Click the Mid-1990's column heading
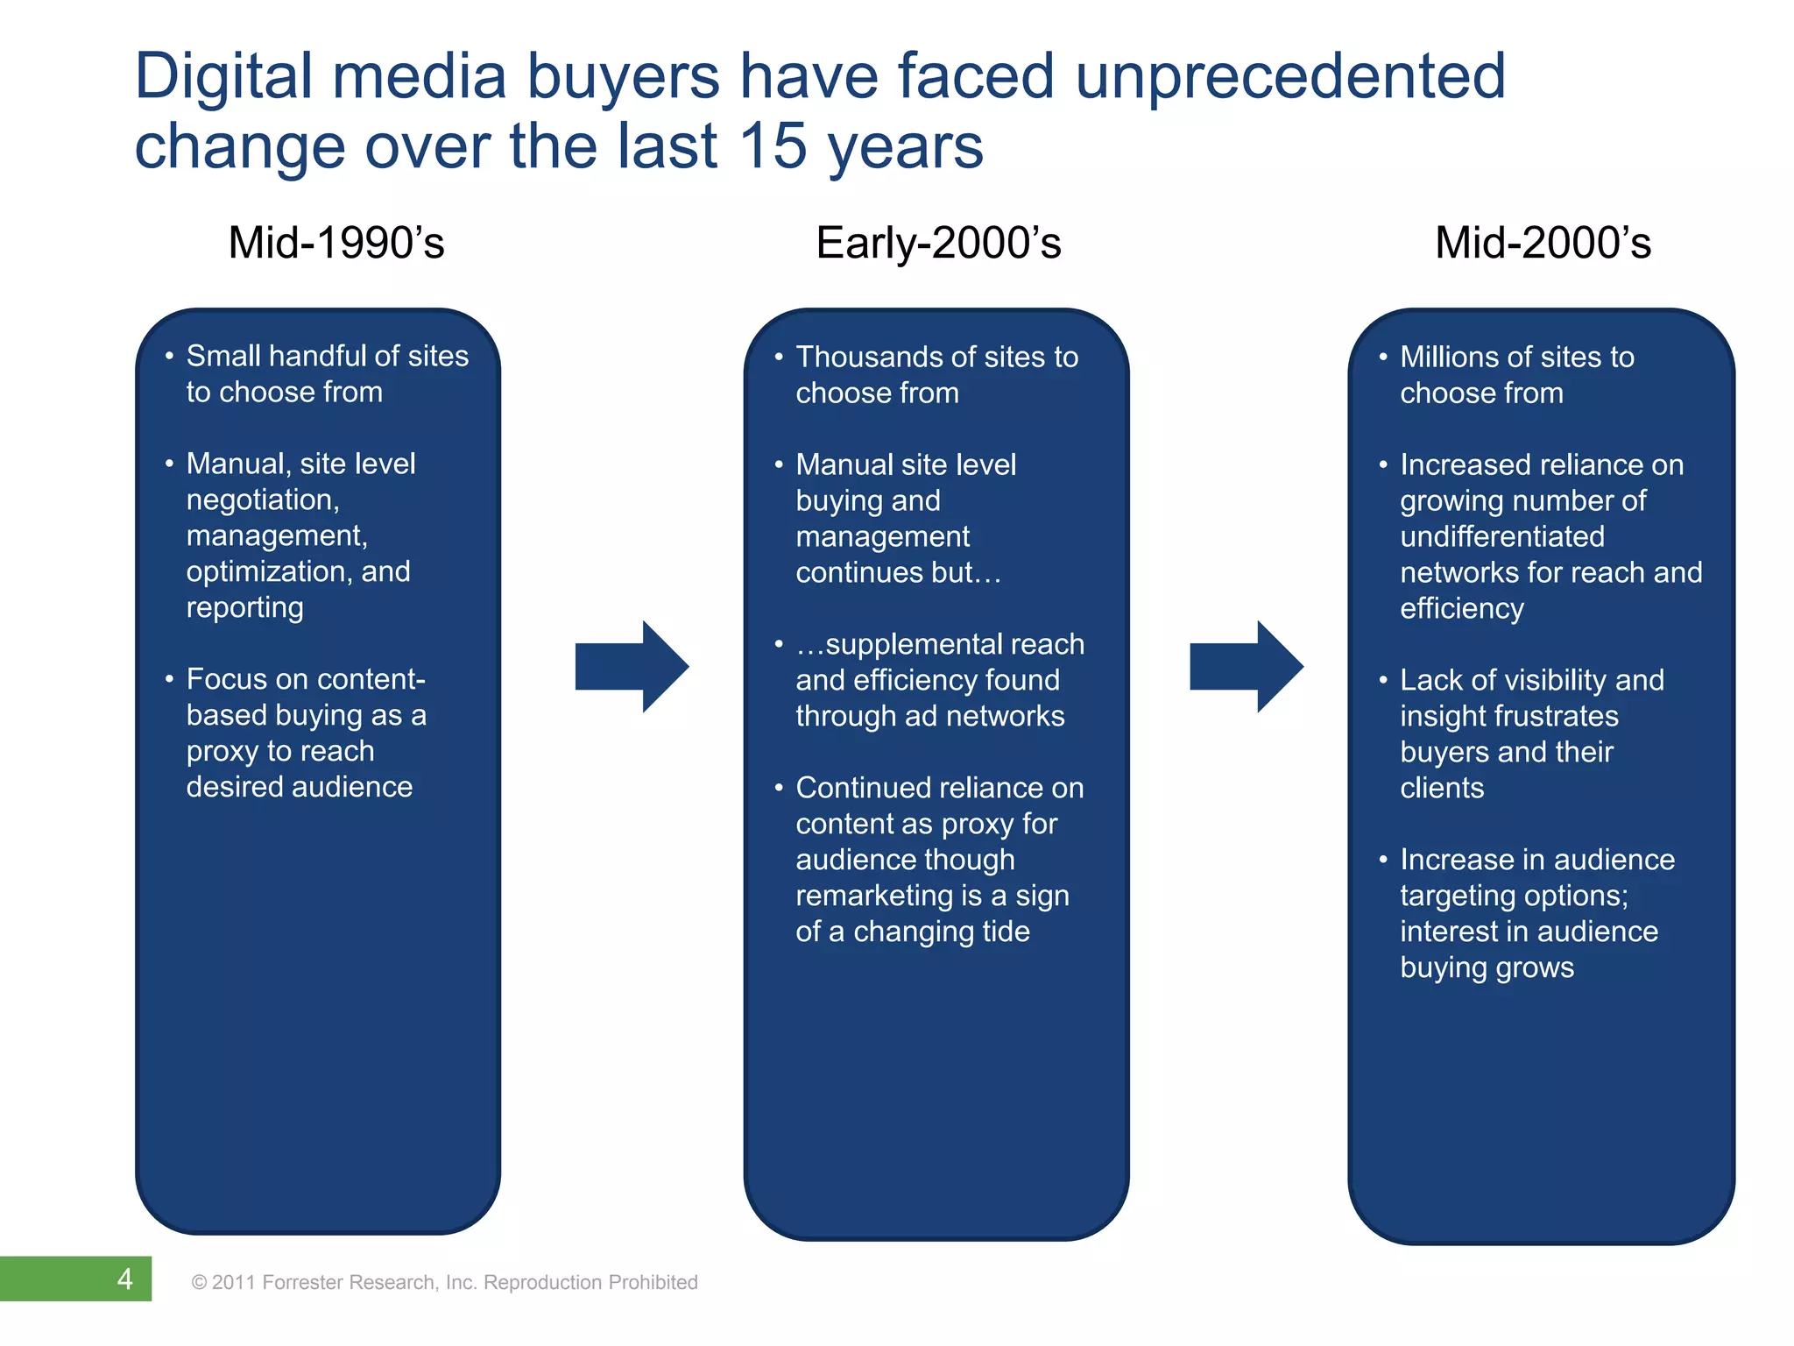pyautogui.click(x=336, y=243)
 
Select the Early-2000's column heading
pyautogui.click(x=938, y=243)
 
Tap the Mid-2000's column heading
pyautogui.click(x=1543, y=243)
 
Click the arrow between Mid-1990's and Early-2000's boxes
pyautogui.click(x=632, y=666)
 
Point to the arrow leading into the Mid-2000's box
pyautogui.click(x=1246, y=666)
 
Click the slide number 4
pyautogui.click(x=125, y=1279)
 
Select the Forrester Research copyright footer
pyautogui.click(x=444, y=1282)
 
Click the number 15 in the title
pyautogui.click(x=772, y=145)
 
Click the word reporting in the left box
pyautogui.click(x=244, y=608)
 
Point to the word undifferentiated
pyautogui.click(x=1501, y=536)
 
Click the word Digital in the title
pyautogui.click(x=223, y=76)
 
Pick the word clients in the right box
pyautogui.click(x=1442, y=788)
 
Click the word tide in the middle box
pyautogui.click(x=1005, y=932)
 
